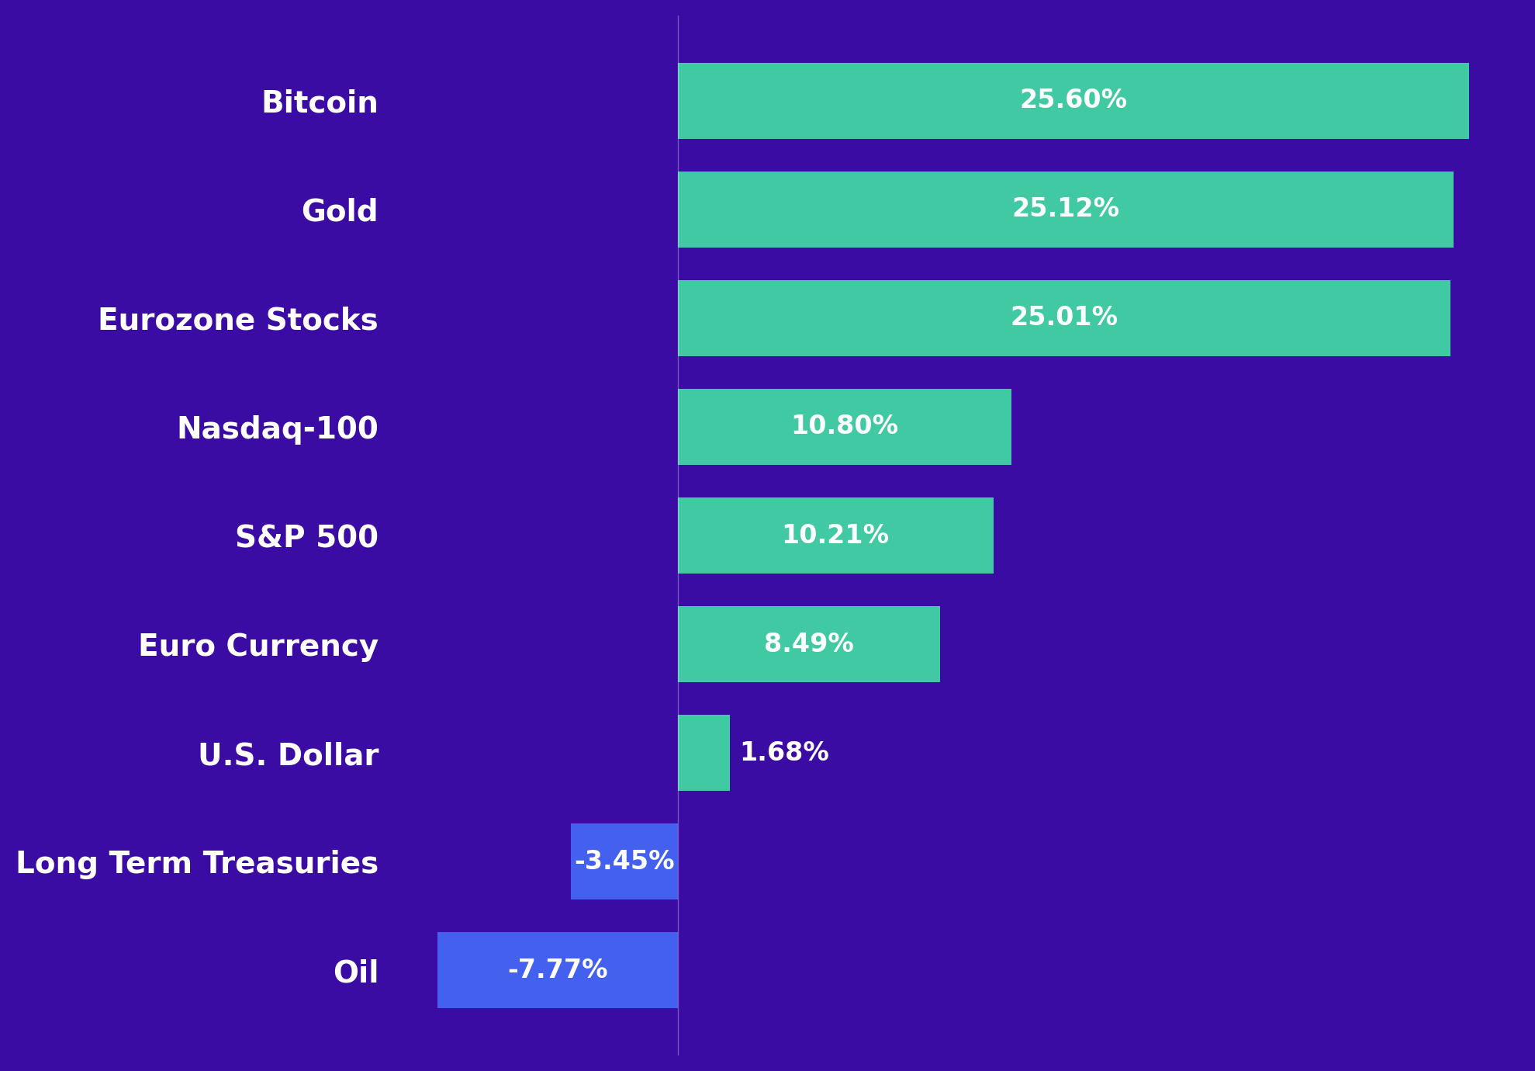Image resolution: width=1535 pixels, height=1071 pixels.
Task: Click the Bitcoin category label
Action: click(320, 102)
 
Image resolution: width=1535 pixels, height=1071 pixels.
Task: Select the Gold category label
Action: click(340, 211)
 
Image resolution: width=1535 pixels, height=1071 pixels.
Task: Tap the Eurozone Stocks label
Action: click(237, 320)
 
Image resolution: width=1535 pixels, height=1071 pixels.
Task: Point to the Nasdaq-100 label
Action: click(278, 428)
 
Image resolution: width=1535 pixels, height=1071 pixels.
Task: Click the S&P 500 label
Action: click(306, 537)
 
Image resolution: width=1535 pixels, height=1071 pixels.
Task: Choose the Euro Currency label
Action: click(258, 646)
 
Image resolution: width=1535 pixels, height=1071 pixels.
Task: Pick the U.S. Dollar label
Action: click(289, 755)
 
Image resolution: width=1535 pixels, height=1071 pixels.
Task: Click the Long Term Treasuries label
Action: click(197, 863)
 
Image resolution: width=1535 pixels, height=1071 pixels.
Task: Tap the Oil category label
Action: click(356, 972)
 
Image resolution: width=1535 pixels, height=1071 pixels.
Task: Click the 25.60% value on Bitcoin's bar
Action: click(1073, 100)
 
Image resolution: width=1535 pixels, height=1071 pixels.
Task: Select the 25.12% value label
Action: click(1065, 209)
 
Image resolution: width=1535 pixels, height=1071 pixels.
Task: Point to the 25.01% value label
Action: click(1063, 317)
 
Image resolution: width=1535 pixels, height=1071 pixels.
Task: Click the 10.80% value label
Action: click(844, 426)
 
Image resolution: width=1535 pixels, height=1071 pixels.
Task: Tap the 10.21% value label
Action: click(835, 535)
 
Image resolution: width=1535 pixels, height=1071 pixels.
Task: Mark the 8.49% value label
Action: click(808, 644)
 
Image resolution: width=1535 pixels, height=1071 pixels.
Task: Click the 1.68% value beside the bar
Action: click(784, 753)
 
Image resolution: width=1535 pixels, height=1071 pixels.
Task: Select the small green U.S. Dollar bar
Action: click(704, 753)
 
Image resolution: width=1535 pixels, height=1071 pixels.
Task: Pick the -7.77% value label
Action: click(557, 970)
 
